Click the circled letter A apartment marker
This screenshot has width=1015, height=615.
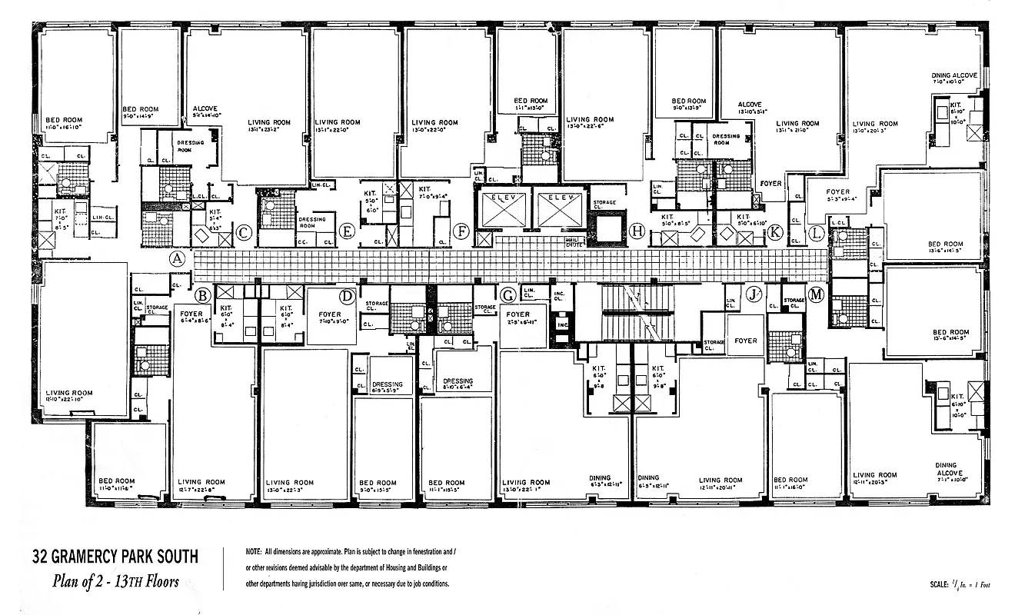point(178,259)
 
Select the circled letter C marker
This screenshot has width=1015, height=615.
point(243,233)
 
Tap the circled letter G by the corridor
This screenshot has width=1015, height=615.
point(507,295)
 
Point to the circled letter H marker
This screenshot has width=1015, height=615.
point(636,231)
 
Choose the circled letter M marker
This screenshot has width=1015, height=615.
point(816,295)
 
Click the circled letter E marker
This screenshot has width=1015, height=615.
point(347,231)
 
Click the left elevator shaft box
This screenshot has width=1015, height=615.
point(502,208)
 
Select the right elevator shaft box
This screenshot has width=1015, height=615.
point(560,208)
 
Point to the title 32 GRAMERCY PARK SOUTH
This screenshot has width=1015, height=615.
point(115,557)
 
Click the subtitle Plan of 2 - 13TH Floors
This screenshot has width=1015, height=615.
point(115,581)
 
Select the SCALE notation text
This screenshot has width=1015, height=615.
point(960,585)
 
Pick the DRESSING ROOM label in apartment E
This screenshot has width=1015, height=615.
point(311,222)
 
